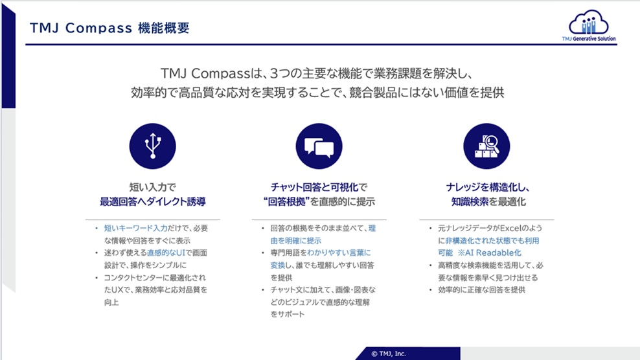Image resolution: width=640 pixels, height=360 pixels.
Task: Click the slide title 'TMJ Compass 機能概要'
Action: tap(109, 28)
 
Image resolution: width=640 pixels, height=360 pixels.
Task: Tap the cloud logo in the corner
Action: tap(589, 22)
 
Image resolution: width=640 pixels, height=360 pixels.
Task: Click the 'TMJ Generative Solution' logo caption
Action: tap(589, 39)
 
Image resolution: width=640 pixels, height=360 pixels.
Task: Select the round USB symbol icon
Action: tap(153, 146)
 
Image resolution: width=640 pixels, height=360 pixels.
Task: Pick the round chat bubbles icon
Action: tap(319, 146)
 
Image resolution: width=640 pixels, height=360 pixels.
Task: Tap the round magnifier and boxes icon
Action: tap(486, 146)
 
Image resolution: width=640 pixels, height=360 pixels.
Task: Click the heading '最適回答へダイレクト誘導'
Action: tap(153, 201)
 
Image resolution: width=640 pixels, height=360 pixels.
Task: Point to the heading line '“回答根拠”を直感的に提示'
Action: tap(319, 201)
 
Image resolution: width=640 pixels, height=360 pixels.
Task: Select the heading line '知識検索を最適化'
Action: tap(488, 201)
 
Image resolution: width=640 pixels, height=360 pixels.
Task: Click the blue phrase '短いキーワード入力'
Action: tap(136, 228)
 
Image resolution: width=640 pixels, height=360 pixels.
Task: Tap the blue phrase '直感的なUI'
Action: tap(166, 253)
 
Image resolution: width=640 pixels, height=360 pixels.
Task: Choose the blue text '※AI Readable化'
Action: tap(489, 253)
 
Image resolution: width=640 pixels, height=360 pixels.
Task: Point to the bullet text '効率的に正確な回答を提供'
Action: tap(482, 290)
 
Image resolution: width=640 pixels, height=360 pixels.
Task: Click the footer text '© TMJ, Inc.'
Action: tap(389, 354)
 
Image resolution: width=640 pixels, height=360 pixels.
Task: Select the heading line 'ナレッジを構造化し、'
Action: tap(488, 187)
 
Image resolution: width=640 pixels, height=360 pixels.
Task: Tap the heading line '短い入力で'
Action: tap(153, 187)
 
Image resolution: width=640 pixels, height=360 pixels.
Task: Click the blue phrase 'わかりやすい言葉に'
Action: tap(339, 253)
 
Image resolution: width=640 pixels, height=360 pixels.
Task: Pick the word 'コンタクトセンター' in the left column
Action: tap(136, 278)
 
